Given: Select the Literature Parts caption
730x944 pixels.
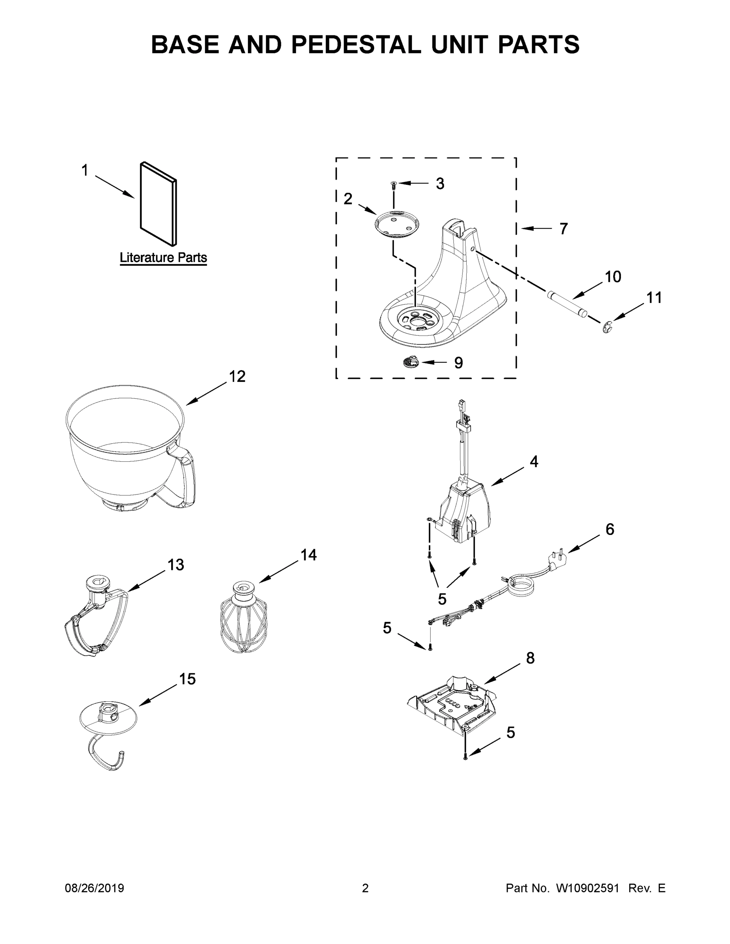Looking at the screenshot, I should [x=163, y=258].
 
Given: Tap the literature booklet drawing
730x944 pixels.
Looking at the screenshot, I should [x=158, y=203].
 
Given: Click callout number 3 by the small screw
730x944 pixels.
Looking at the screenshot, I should [x=440, y=184].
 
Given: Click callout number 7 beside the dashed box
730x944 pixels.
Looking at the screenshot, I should [x=563, y=229].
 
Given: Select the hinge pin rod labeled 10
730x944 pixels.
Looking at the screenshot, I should [x=567, y=305].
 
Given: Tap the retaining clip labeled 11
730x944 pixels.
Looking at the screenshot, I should [x=608, y=327].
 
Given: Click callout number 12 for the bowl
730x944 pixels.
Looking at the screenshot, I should [x=237, y=376].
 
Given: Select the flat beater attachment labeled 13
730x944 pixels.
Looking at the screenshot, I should [x=96, y=618].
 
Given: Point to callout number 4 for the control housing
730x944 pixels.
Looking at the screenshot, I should [x=534, y=462].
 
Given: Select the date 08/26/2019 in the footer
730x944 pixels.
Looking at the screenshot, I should [x=94, y=888].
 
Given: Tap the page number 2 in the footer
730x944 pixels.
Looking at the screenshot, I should [x=365, y=888].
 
